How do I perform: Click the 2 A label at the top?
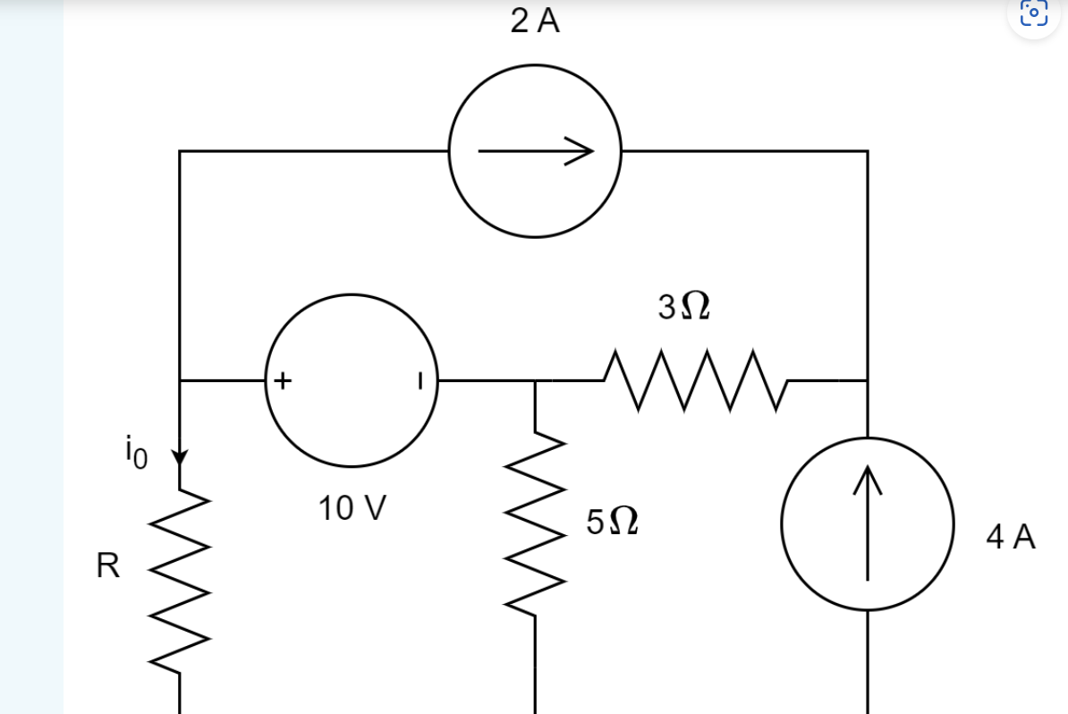coord(535,22)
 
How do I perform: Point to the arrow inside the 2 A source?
coord(535,152)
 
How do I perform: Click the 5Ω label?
coord(612,521)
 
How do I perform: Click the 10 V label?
coord(352,509)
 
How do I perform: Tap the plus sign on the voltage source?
coord(282,381)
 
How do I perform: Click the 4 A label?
coord(1011,538)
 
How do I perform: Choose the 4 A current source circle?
coord(867,523)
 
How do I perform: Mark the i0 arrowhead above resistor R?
coord(180,459)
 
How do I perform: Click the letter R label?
coord(107,566)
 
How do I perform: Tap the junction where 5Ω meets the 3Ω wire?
coord(536,381)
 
